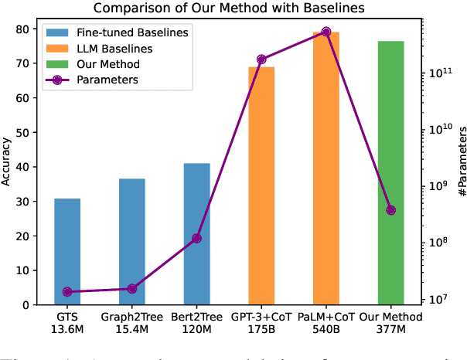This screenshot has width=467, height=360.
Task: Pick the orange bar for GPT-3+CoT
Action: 261,185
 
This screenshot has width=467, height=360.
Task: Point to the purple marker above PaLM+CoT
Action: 326,32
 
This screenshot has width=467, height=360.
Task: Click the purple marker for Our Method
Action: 390,210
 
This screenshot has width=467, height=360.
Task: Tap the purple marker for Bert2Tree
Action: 196,239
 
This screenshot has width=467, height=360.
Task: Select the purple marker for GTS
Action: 67,292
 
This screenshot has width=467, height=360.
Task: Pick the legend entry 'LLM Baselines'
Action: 120,48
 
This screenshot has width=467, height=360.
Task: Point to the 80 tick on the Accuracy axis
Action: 34,29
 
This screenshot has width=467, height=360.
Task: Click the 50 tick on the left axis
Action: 34,132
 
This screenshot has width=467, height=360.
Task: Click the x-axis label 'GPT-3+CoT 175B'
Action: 261,322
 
